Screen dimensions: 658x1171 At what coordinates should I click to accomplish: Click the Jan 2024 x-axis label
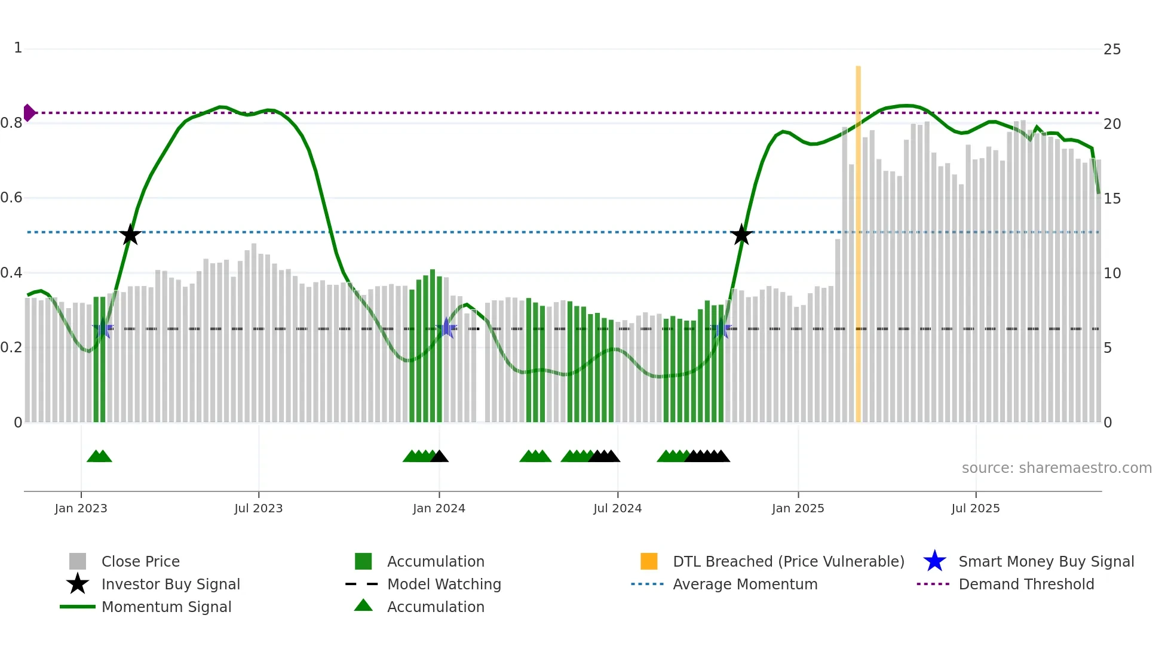pos(439,508)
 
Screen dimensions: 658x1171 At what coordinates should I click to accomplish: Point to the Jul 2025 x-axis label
pos(975,508)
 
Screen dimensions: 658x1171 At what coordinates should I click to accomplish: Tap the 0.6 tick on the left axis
pos(12,198)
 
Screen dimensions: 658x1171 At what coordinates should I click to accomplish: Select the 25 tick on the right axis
pos(1112,50)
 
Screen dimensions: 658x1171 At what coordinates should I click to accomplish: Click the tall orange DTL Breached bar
pos(858,239)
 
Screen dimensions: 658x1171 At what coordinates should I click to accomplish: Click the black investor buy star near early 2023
pos(130,235)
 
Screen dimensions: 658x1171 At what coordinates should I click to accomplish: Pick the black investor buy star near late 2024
pos(741,235)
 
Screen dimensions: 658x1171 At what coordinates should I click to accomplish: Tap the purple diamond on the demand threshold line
pos(29,112)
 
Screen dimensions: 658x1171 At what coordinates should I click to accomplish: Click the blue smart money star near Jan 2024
pos(446,328)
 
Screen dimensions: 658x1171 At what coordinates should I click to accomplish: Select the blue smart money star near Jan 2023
pos(103,328)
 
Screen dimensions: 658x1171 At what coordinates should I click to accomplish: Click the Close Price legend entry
pos(140,561)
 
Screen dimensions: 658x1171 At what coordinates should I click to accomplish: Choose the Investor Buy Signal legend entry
pos(170,584)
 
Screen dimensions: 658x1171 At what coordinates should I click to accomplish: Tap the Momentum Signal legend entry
pos(166,607)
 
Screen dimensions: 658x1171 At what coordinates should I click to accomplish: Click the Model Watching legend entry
pos(443,584)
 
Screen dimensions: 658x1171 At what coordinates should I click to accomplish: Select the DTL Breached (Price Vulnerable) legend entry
pos(788,561)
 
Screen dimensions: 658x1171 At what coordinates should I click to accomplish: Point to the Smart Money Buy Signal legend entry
pos(1046,561)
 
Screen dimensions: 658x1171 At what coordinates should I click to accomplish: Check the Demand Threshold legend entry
pos(1026,584)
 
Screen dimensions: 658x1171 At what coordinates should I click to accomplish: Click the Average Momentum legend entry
pos(744,584)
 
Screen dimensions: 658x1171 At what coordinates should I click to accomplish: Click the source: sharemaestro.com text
pos(1056,468)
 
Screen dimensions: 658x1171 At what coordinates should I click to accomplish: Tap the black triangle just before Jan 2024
pos(439,456)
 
